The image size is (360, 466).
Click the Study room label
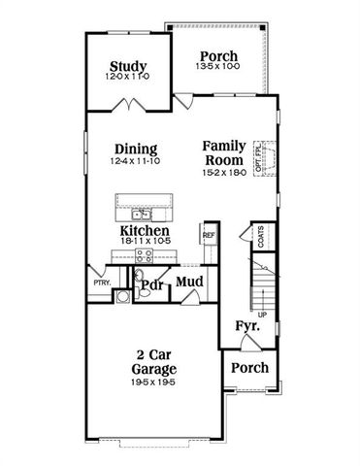pyautogui.click(x=127, y=67)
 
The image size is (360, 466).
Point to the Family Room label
pyautogui.click(x=223, y=153)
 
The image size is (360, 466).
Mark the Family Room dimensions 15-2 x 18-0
pyautogui.click(x=223, y=172)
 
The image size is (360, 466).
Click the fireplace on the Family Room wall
pyautogui.click(x=273, y=157)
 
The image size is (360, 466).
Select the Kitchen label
pyautogui.click(x=146, y=232)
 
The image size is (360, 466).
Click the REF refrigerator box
pyautogui.click(x=208, y=236)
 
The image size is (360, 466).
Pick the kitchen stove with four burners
pyautogui.click(x=143, y=256)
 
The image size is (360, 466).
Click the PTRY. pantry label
pyautogui.click(x=101, y=283)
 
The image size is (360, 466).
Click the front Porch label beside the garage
pyautogui.click(x=250, y=368)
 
